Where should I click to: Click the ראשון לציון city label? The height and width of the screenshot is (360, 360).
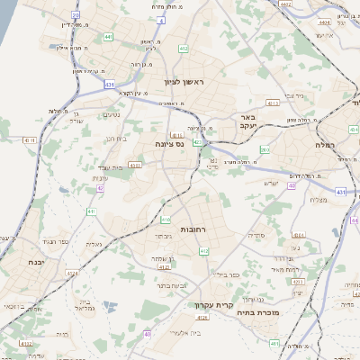click(184, 82)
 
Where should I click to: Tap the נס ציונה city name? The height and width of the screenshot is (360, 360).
click(167, 143)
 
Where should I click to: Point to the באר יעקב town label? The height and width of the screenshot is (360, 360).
click(248, 121)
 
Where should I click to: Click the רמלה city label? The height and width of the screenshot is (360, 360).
click(325, 144)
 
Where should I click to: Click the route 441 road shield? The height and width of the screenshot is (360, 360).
click(108, 37)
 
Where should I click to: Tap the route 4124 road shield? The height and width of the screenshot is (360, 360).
click(202, 317)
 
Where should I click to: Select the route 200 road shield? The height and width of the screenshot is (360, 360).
click(264, 149)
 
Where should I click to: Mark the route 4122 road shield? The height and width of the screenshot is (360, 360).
click(25, 343)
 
